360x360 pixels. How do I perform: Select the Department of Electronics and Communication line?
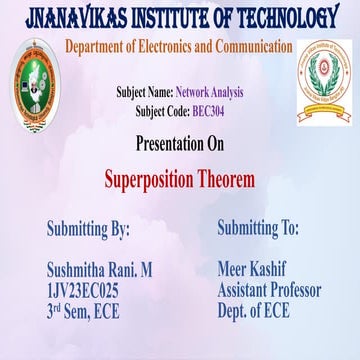click(x=180, y=47)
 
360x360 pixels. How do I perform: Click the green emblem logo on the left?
click(x=35, y=83)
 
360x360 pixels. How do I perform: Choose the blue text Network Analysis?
click(x=209, y=91)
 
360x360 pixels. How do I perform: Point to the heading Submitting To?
click(x=258, y=228)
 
